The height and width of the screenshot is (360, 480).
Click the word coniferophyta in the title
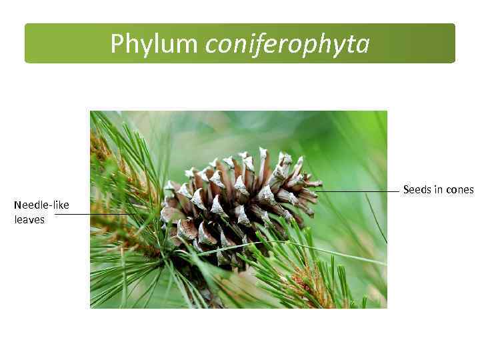(287, 44)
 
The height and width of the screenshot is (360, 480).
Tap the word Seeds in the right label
(417, 190)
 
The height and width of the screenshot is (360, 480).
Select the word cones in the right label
(460, 190)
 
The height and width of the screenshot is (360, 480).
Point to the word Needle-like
(41, 205)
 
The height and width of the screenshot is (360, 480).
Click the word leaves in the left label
(29, 219)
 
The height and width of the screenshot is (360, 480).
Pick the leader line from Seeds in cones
(360, 191)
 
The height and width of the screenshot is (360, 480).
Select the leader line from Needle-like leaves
(93, 214)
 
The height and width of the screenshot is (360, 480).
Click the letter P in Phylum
(117, 44)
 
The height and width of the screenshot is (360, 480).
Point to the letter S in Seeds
(407, 190)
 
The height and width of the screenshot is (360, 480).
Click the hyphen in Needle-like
(50, 205)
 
